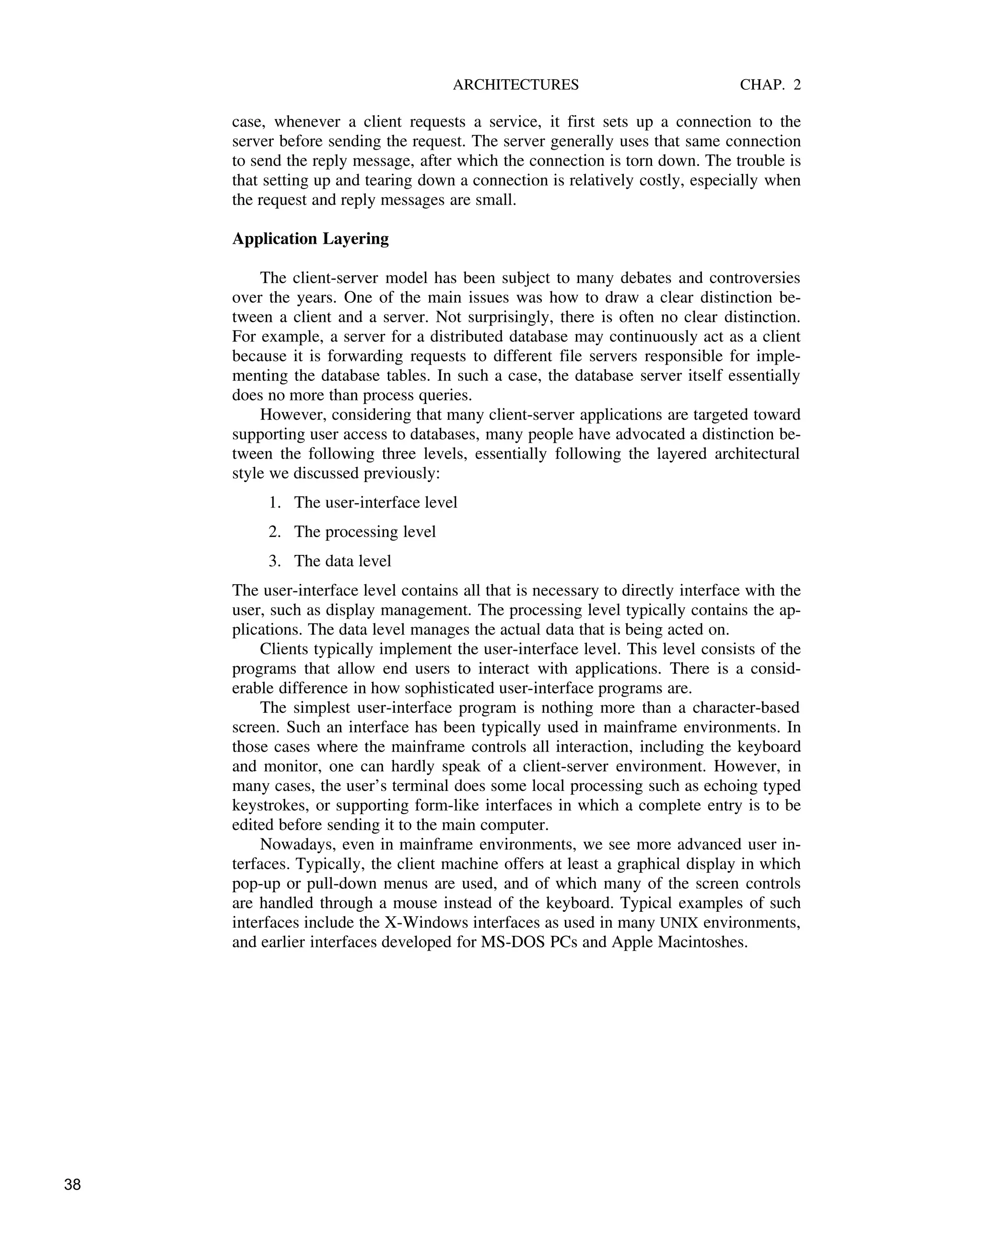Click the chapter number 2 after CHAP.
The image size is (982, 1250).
point(797,85)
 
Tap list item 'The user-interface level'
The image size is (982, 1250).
point(375,503)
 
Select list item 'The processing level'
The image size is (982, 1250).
point(364,531)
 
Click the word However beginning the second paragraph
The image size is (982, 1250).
point(292,415)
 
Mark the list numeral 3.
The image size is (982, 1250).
point(274,561)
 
